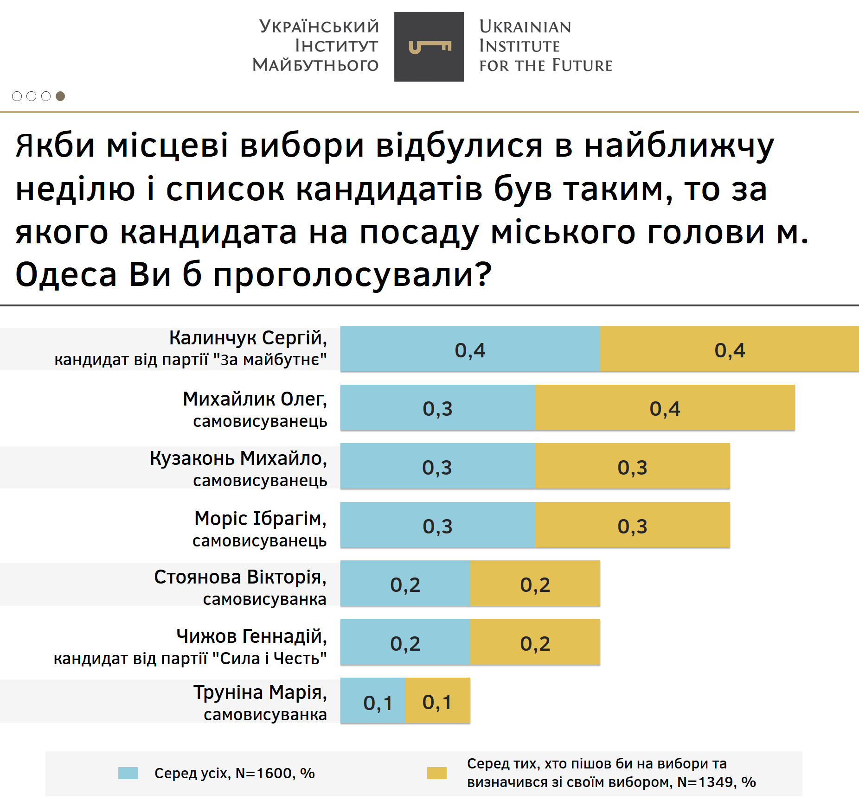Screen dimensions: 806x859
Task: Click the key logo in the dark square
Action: [x=429, y=47]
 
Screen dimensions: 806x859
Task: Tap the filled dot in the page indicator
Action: [x=60, y=96]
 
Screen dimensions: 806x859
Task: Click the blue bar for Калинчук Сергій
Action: [x=469, y=349]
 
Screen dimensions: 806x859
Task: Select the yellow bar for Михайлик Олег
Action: [x=664, y=408]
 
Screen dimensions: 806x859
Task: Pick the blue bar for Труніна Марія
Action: [x=372, y=700]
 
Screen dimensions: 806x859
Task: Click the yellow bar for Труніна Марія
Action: [x=437, y=700]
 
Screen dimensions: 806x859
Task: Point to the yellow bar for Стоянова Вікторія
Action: [x=535, y=584]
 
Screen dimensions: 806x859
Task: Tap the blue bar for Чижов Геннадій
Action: [x=405, y=642]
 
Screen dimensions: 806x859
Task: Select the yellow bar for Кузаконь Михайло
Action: [x=632, y=466]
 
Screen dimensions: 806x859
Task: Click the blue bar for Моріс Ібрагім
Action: [x=437, y=525]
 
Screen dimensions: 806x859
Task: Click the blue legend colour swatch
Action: [x=128, y=773]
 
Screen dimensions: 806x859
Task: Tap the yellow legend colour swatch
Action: [x=436, y=773]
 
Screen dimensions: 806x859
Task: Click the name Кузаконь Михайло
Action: [x=238, y=458]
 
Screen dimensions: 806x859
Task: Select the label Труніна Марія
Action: [x=260, y=692]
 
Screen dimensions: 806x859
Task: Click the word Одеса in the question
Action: [x=66, y=274]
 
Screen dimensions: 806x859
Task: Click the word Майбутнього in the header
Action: [x=315, y=65]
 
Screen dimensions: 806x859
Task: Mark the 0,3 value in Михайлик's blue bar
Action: [x=437, y=409]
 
